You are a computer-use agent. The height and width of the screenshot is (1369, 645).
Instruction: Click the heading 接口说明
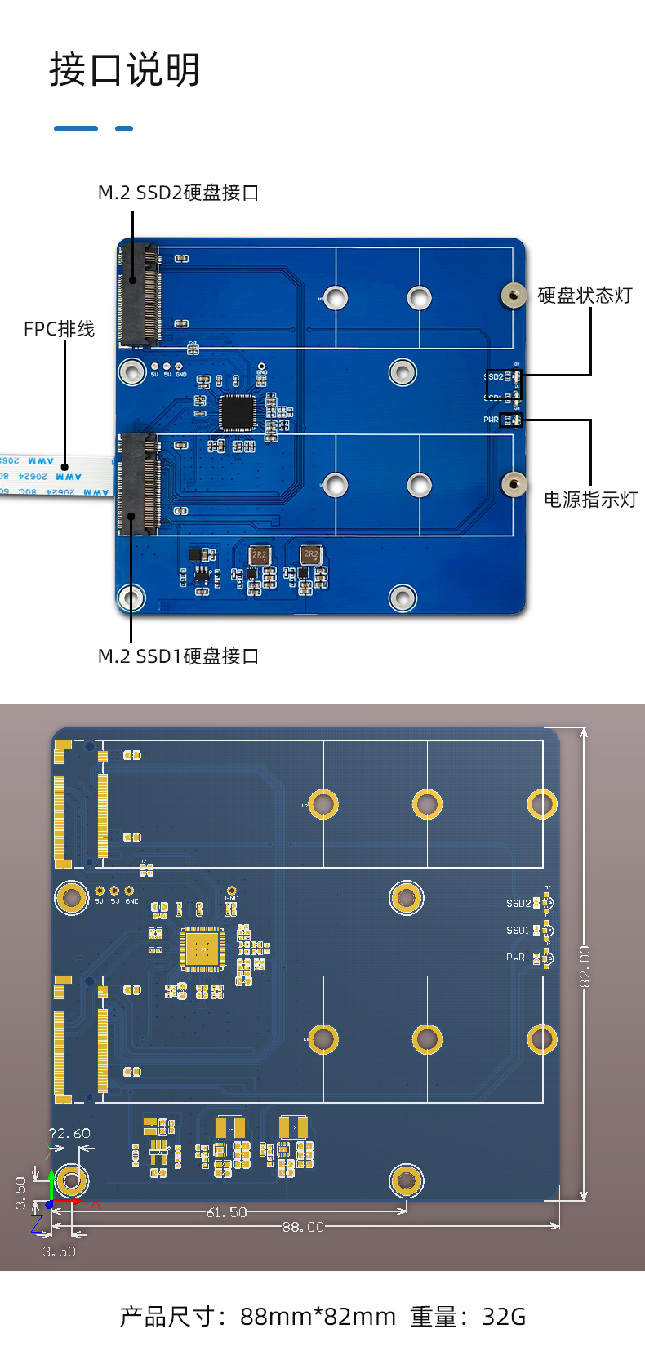point(124,70)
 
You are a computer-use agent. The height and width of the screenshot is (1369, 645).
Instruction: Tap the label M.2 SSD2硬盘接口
point(178,193)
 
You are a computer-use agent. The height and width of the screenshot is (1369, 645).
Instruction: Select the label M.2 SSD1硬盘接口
point(178,656)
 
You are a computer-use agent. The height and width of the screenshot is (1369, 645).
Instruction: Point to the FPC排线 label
point(59,329)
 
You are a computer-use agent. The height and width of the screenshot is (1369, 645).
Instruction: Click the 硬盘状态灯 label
point(585,296)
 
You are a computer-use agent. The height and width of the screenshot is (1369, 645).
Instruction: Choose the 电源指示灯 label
point(590,500)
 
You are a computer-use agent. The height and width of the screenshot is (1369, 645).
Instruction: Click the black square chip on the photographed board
point(238,412)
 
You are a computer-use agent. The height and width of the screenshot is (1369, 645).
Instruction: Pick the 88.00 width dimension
point(303,1227)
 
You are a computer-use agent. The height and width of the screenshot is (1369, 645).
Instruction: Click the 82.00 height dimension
point(585,966)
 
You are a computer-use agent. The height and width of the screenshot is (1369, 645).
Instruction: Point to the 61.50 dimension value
point(226,1212)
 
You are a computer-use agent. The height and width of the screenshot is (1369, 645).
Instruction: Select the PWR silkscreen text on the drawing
point(515,958)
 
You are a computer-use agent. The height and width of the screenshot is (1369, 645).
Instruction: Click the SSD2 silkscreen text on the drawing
point(518,904)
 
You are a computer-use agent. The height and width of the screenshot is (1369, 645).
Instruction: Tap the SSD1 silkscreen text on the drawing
point(518,931)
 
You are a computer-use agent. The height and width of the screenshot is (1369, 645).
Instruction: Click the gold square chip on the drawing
point(202,949)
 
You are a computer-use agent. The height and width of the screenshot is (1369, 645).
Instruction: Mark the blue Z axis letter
point(36,1223)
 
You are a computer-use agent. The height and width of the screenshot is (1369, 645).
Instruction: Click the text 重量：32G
point(468,1317)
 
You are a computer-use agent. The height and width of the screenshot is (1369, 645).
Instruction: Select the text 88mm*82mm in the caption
point(318,1317)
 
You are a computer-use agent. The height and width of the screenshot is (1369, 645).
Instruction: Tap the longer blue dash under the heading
point(76,128)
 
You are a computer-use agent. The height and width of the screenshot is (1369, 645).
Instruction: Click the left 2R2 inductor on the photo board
point(259,555)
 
